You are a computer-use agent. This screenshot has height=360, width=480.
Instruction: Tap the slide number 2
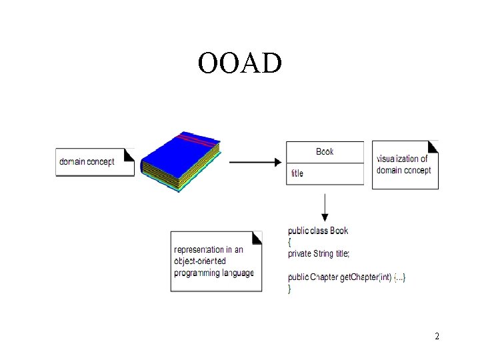point(437,336)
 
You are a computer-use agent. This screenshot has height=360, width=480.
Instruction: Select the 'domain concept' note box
point(94,162)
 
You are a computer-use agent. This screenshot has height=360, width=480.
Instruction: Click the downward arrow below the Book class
point(325,207)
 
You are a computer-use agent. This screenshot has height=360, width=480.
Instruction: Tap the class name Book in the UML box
point(325,152)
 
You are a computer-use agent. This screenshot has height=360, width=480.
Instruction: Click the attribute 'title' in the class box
point(297,173)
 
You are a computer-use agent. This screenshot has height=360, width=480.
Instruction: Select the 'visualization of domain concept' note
point(404,165)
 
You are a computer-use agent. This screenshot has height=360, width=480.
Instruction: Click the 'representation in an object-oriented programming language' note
point(215,261)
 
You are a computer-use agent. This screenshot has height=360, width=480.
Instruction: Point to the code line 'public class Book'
point(318,231)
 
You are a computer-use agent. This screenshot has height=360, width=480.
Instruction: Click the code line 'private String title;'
point(319,253)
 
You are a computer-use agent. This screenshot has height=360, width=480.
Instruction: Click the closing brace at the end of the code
point(289,288)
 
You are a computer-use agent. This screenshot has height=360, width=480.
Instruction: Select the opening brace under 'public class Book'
point(289,242)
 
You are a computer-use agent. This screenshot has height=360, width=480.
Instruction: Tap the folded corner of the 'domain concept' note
point(129,154)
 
